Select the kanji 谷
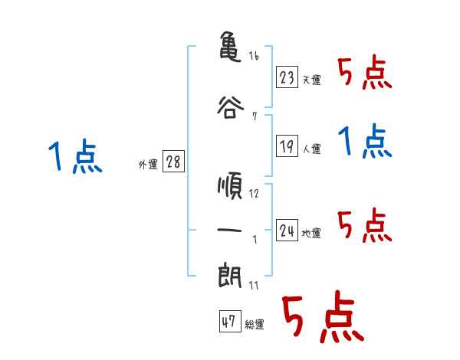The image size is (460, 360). click(231, 106)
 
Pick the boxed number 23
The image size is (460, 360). click(287, 77)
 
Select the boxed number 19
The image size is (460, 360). click(287, 146)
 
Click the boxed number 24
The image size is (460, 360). click(287, 230)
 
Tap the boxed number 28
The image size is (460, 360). click(173, 162)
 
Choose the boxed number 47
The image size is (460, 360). click(229, 322)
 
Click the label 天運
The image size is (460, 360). click(312, 80)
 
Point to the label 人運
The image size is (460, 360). click(312, 149)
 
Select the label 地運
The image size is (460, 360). click(312, 233)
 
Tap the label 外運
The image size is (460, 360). click(147, 163)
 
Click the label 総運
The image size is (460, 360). click(255, 324)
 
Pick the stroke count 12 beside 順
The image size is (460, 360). click(254, 193)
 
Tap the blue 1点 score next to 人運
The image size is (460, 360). click(365, 142)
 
